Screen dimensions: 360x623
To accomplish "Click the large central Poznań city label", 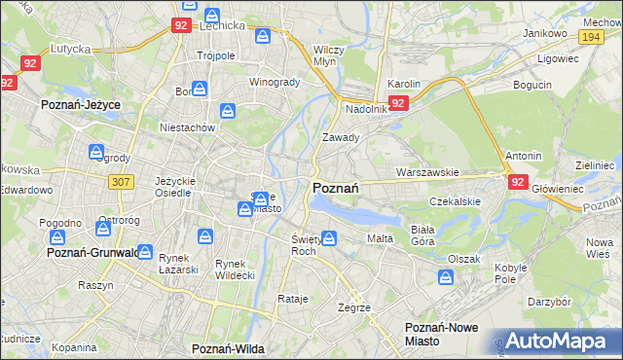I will tap(337, 188).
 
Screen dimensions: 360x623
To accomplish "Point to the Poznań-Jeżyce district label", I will tap(78, 102).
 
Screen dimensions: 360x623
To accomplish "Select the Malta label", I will tap(380, 238).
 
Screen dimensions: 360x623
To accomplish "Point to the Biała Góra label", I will tap(422, 234).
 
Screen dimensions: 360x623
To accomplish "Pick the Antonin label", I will tap(524, 156).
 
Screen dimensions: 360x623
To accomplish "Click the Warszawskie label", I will tap(427, 172).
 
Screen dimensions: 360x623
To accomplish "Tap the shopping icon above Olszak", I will tap(446, 278).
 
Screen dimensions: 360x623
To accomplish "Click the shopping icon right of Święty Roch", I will tap(329, 237).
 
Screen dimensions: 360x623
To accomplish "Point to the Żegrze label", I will tap(353, 307).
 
